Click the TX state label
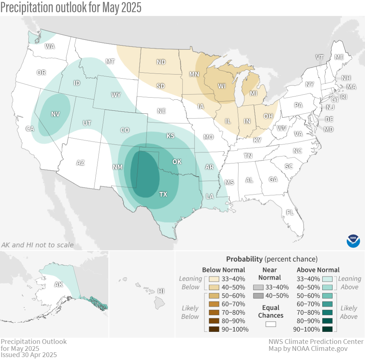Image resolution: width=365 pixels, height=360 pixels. click(x=163, y=194)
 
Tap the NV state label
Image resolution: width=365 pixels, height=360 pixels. click(x=55, y=114)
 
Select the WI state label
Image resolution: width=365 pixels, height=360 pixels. click(x=222, y=86)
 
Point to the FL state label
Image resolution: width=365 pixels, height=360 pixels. click(x=290, y=212)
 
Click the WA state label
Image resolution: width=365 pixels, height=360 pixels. click(x=50, y=46)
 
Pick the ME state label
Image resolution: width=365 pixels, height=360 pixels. click(x=339, y=57)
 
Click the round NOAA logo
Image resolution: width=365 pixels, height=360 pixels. click(x=353, y=241)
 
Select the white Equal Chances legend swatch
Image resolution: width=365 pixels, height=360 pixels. click(x=270, y=324)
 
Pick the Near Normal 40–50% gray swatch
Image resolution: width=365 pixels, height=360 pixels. click(x=258, y=295)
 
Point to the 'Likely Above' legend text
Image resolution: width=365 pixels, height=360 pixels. click(x=349, y=312)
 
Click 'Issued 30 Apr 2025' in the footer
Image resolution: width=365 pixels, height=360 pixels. click(x=28, y=355)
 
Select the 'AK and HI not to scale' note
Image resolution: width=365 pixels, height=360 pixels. click(x=37, y=245)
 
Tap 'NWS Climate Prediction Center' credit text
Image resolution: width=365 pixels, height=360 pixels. click(x=316, y=342)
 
